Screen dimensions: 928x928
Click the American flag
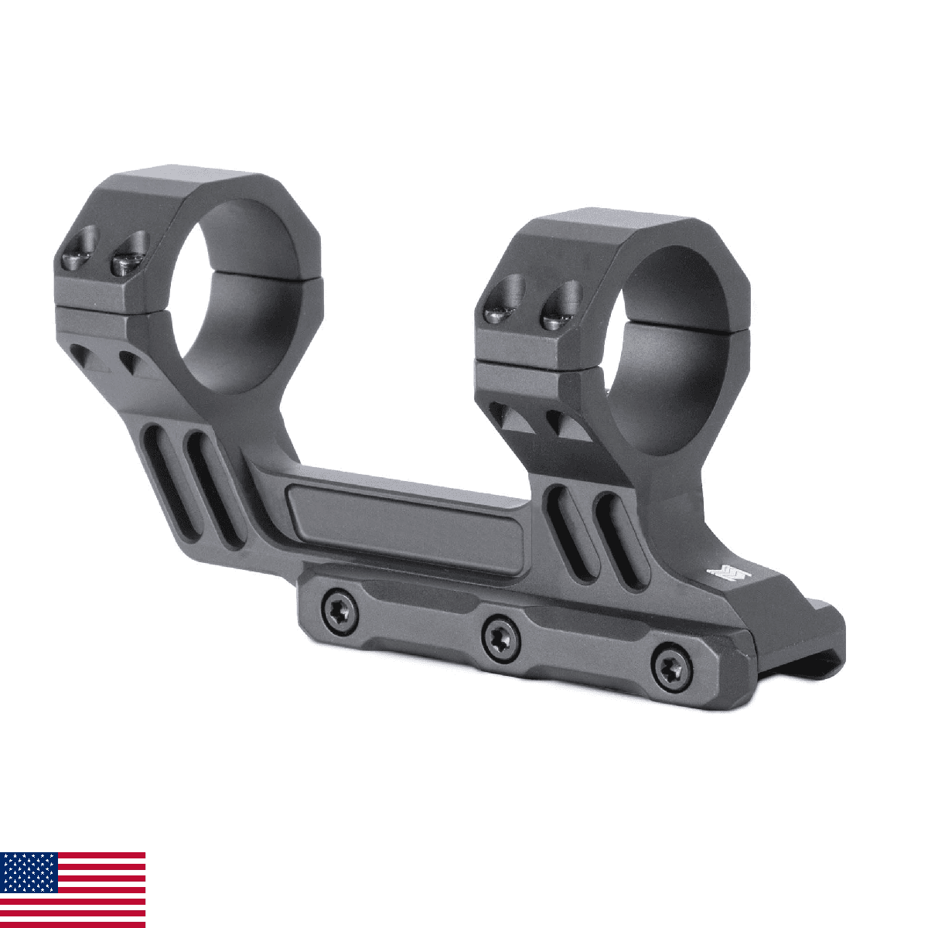click(x=73, y=889)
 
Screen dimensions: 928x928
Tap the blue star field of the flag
click(x=29, y=872)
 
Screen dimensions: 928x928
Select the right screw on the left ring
click(x=128, y=259)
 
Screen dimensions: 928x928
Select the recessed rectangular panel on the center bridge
click(x=406, y=526)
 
